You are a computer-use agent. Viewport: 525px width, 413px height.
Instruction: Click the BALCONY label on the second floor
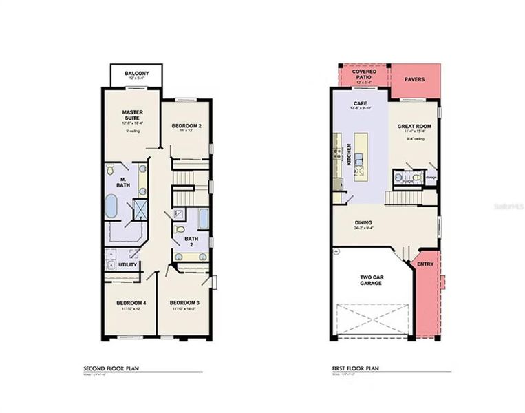click(x=136, y=74)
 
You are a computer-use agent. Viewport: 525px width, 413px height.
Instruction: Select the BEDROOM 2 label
click(x=186, y=125)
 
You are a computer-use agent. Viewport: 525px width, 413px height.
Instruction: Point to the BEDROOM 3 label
click(x=184, y=303)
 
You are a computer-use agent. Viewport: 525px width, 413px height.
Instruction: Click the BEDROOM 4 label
click(x=130, y=303)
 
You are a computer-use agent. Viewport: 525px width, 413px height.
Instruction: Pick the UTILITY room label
click(x=129, y=264)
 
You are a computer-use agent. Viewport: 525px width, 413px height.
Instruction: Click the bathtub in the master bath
click(x=112, y=206)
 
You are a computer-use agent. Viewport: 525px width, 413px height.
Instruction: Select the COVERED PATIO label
click(x=362, y=74)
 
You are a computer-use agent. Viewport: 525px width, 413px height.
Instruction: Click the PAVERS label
click(x=414, y=79)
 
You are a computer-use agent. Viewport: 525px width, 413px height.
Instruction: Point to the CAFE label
click(x=360, y=103)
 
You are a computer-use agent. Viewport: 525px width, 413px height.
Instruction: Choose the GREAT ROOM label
click(x=414, y=127)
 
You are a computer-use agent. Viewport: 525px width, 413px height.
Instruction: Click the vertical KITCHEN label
click(x=350, y=155)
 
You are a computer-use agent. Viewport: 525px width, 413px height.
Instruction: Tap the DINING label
click(x=364, y=222)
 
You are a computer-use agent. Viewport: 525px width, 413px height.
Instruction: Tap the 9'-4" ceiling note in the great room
click(x=415, y=138)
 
